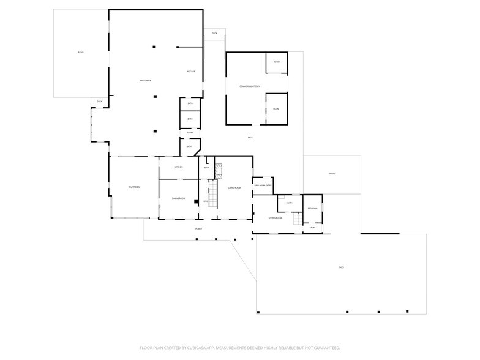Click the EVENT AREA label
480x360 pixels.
pos(145,81)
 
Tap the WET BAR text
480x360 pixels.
pos(190,72)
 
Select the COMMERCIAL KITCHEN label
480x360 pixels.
pos(250,86)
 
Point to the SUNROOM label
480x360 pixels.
pos(134,187)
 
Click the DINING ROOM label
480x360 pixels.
pos(178,198)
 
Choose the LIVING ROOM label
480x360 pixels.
pos(234,188)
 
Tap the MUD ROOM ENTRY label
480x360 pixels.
pos(263,185)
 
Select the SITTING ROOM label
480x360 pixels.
pos(275,218)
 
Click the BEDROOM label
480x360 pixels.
pos(312,208)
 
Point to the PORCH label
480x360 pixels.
pos(198,229)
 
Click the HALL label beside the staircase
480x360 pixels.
pos(206,201)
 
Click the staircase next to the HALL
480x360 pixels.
pos(213,193)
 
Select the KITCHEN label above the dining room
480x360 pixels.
pos(179,167)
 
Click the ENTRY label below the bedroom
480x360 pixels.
pos(312,227)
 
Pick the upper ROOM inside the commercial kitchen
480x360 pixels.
pos(276,62)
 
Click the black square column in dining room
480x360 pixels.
pos(195,201)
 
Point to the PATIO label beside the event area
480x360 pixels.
pos(80,53)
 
